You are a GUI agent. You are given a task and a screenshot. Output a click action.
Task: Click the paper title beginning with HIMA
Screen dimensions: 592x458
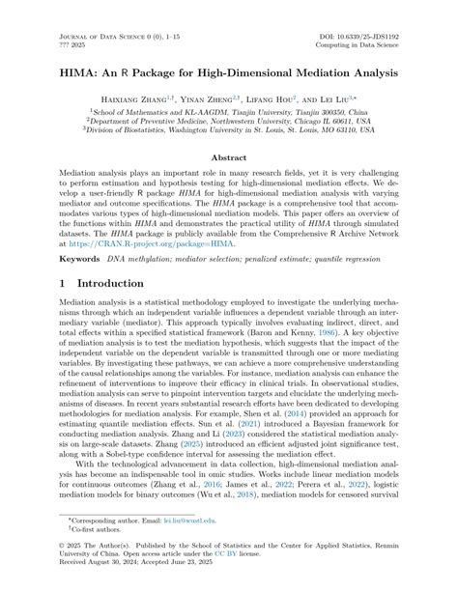tap(228, 70)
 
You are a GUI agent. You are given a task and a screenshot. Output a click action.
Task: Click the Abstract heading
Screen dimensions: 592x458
tap(228, 156)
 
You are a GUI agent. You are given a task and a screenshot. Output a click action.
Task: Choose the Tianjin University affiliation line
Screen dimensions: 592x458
tap(228, 111)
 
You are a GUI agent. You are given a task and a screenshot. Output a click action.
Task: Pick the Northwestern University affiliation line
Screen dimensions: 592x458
tap(228, 123)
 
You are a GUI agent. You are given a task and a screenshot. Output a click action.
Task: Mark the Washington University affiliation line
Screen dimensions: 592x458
tap(228, 134)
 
